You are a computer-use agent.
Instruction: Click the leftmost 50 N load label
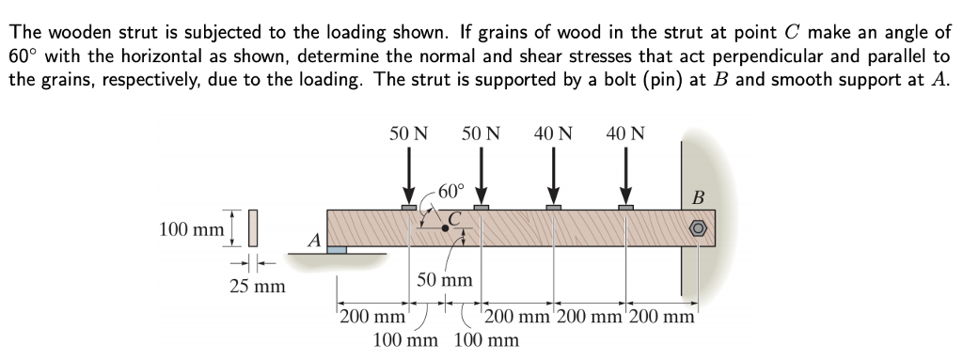(x=409, y=134)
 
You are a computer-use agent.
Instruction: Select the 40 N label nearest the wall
(x=625, y=134)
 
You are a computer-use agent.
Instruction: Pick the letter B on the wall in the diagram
(x=698, y=198)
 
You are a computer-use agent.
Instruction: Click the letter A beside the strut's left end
(x=314, y=242)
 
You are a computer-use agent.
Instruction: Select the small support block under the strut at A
(x=337, y=251)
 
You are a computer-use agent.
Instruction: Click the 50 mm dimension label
(x=444, y=280)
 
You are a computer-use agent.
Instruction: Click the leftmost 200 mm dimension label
(x=368, y=316)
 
